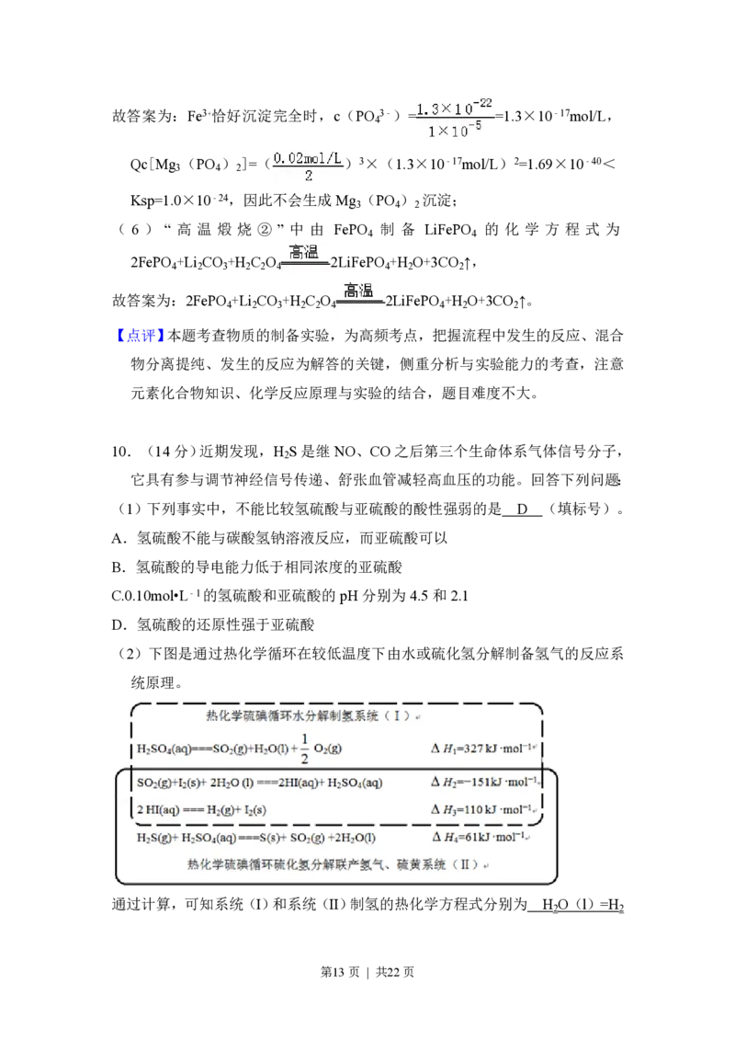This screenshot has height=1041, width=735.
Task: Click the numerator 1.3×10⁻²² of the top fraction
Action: tap(456, 109)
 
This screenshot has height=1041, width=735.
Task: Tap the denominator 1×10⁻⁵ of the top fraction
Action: tap(455, 131)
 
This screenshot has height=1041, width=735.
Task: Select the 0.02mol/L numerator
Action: tap(308, 158)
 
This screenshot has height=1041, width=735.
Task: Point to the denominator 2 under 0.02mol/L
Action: tap(308, 176)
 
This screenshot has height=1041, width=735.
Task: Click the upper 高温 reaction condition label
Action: tap(304, 252)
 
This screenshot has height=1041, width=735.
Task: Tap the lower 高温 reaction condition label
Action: tap(359, 292)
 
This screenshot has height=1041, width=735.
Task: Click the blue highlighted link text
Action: tap(141, 336)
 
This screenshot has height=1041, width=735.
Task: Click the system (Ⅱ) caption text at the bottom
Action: tap(337, 865)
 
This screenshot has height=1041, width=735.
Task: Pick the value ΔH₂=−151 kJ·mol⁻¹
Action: tap(483, 783)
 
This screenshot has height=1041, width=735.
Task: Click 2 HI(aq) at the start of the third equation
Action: tap(160, 810)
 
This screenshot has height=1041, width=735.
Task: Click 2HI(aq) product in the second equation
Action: tap(300, 783)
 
